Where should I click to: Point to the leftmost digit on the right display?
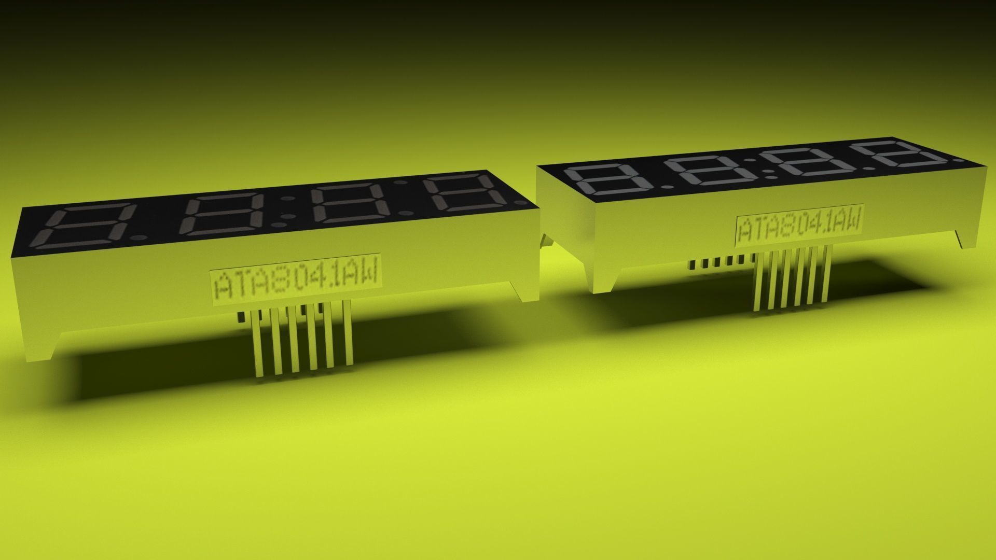606,180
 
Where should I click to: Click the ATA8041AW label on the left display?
296,285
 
